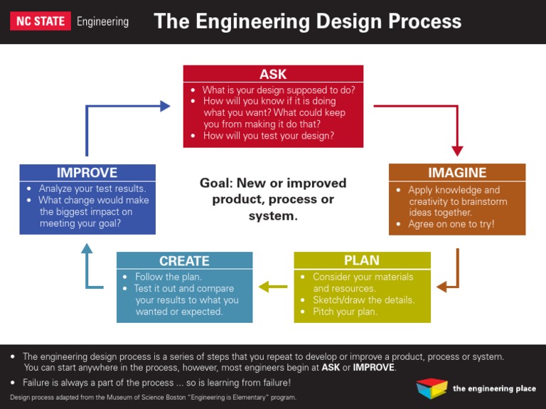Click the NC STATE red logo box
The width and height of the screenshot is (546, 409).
click(x=40, y=21)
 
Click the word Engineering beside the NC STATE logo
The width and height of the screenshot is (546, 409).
click(x=102, y=21)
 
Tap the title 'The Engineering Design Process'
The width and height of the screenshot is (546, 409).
click(x=307, y=21)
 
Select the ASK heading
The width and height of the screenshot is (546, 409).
click(x=273, y=74)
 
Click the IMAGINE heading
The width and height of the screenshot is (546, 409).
click(x=457, y=172)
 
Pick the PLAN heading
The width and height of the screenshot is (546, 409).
click(x=362, y=260)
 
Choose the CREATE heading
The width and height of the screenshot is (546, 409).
click(x=184, y=261)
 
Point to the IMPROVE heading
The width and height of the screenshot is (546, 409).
click(x=87, y=172)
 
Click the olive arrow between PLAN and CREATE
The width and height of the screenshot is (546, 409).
click(x=273, y=287)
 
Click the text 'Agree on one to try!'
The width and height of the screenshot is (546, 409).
click(x=451, y=224)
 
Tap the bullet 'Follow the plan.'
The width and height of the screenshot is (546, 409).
click(x=168, y=277)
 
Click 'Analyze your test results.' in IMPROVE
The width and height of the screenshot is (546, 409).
click(x=92, y=188)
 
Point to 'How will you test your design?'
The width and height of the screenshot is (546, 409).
click(x=268, y=136)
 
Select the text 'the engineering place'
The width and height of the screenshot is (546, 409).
click(x=493, y=388)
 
